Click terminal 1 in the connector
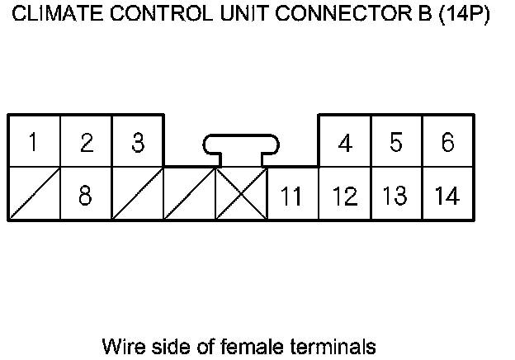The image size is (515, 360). click(x=33, y=142)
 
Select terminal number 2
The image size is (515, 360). click(x=85, y=142)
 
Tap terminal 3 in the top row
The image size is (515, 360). click(x=137, y=142)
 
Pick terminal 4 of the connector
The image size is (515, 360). click(x=345, y=142)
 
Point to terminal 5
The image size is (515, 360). click(x=396, y=142)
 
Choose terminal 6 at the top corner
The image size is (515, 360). click(x=447, y=142)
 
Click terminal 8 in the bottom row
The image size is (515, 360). click(x=85, y=195)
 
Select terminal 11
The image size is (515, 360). click(x=292, y=195)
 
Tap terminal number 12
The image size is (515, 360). click(x=345, y=195)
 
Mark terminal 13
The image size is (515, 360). click(x=396, y=195)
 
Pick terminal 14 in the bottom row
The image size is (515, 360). click(x=447, y=195)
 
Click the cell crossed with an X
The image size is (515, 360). click(x=241, y=193)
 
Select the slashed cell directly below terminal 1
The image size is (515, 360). click(x=33, y=193)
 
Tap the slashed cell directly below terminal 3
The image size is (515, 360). click(x=137, y=193)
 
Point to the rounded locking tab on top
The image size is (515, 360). click(x=241, y=146)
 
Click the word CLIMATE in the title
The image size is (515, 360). click(x=52, y=15)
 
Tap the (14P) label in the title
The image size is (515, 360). click(x=465, y=15)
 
